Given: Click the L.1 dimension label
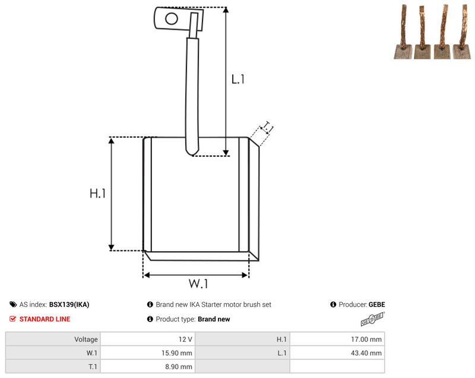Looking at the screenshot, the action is click(x=238, y=80).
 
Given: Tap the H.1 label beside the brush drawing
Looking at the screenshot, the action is click(x=97, y=193).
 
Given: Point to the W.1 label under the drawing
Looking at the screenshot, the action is click(x=198, y=284).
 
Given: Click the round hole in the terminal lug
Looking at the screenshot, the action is click(x=172, y=18).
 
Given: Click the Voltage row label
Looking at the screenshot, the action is click(x=86, y=339).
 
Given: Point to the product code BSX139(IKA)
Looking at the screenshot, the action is click(x=69, y=304).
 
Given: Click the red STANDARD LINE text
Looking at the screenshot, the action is click(x=45, y=319).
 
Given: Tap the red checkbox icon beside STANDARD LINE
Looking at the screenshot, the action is click(x=12, y=319).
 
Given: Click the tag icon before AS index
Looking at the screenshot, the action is click(x=13, y=304).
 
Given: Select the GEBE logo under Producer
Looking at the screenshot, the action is click(x=373, y=319).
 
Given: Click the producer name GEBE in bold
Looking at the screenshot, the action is click(x=377, y=304).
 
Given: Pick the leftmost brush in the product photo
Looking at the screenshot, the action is click(x=404, y=32).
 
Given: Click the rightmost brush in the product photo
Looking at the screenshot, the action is click(x=463, y=32).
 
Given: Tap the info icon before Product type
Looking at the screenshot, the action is click(x=150, y=319).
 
